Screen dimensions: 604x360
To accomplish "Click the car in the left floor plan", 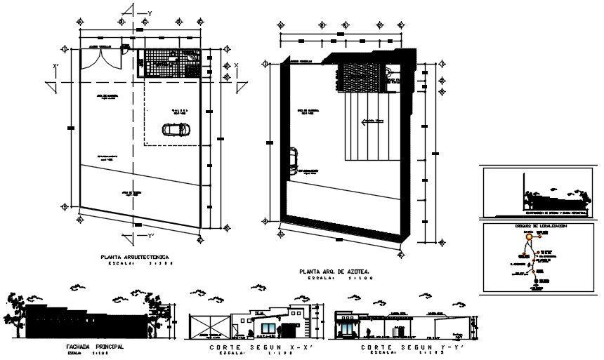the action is click(174, 129).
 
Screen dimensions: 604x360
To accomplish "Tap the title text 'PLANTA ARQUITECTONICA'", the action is click(138, 258).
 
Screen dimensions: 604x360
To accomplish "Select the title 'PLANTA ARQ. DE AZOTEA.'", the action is click(334, 270).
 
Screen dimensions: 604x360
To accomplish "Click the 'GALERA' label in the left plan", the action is click(180, 111).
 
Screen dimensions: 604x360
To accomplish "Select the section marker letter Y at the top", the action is click(149, 13).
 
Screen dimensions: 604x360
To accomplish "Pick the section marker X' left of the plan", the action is click(55, 67).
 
